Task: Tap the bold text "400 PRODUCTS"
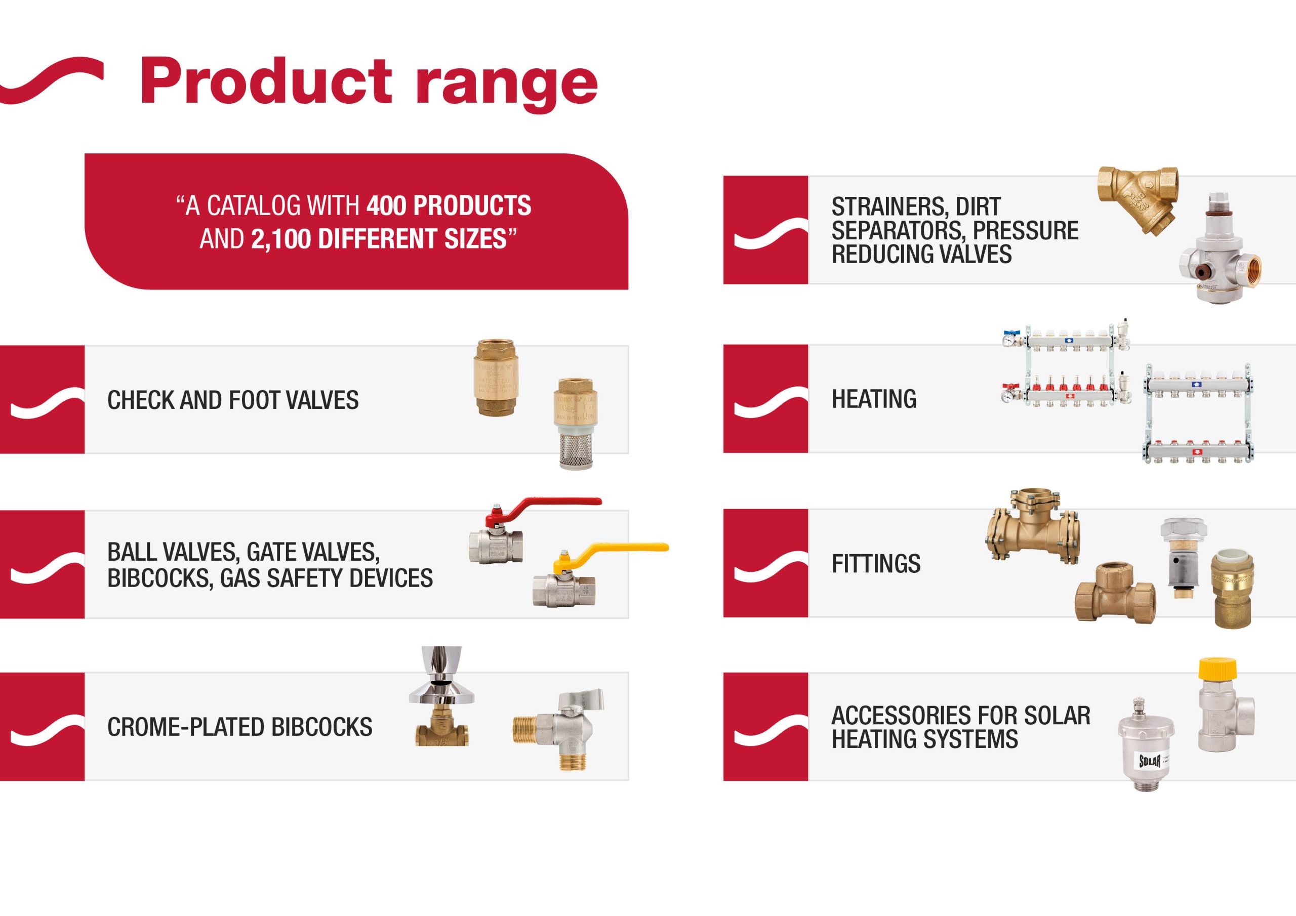[x=449, y=205]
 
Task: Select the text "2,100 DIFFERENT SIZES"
[x=379, y=239]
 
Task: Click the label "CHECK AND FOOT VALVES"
[x=232, y=400]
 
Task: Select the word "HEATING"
[x=874, y=399]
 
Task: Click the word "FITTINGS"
[x=876, y=563]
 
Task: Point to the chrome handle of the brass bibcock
[x=442, y=675]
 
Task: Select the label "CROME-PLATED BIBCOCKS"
[x=240, y=727]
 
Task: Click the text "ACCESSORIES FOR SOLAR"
[x=961, y=716]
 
